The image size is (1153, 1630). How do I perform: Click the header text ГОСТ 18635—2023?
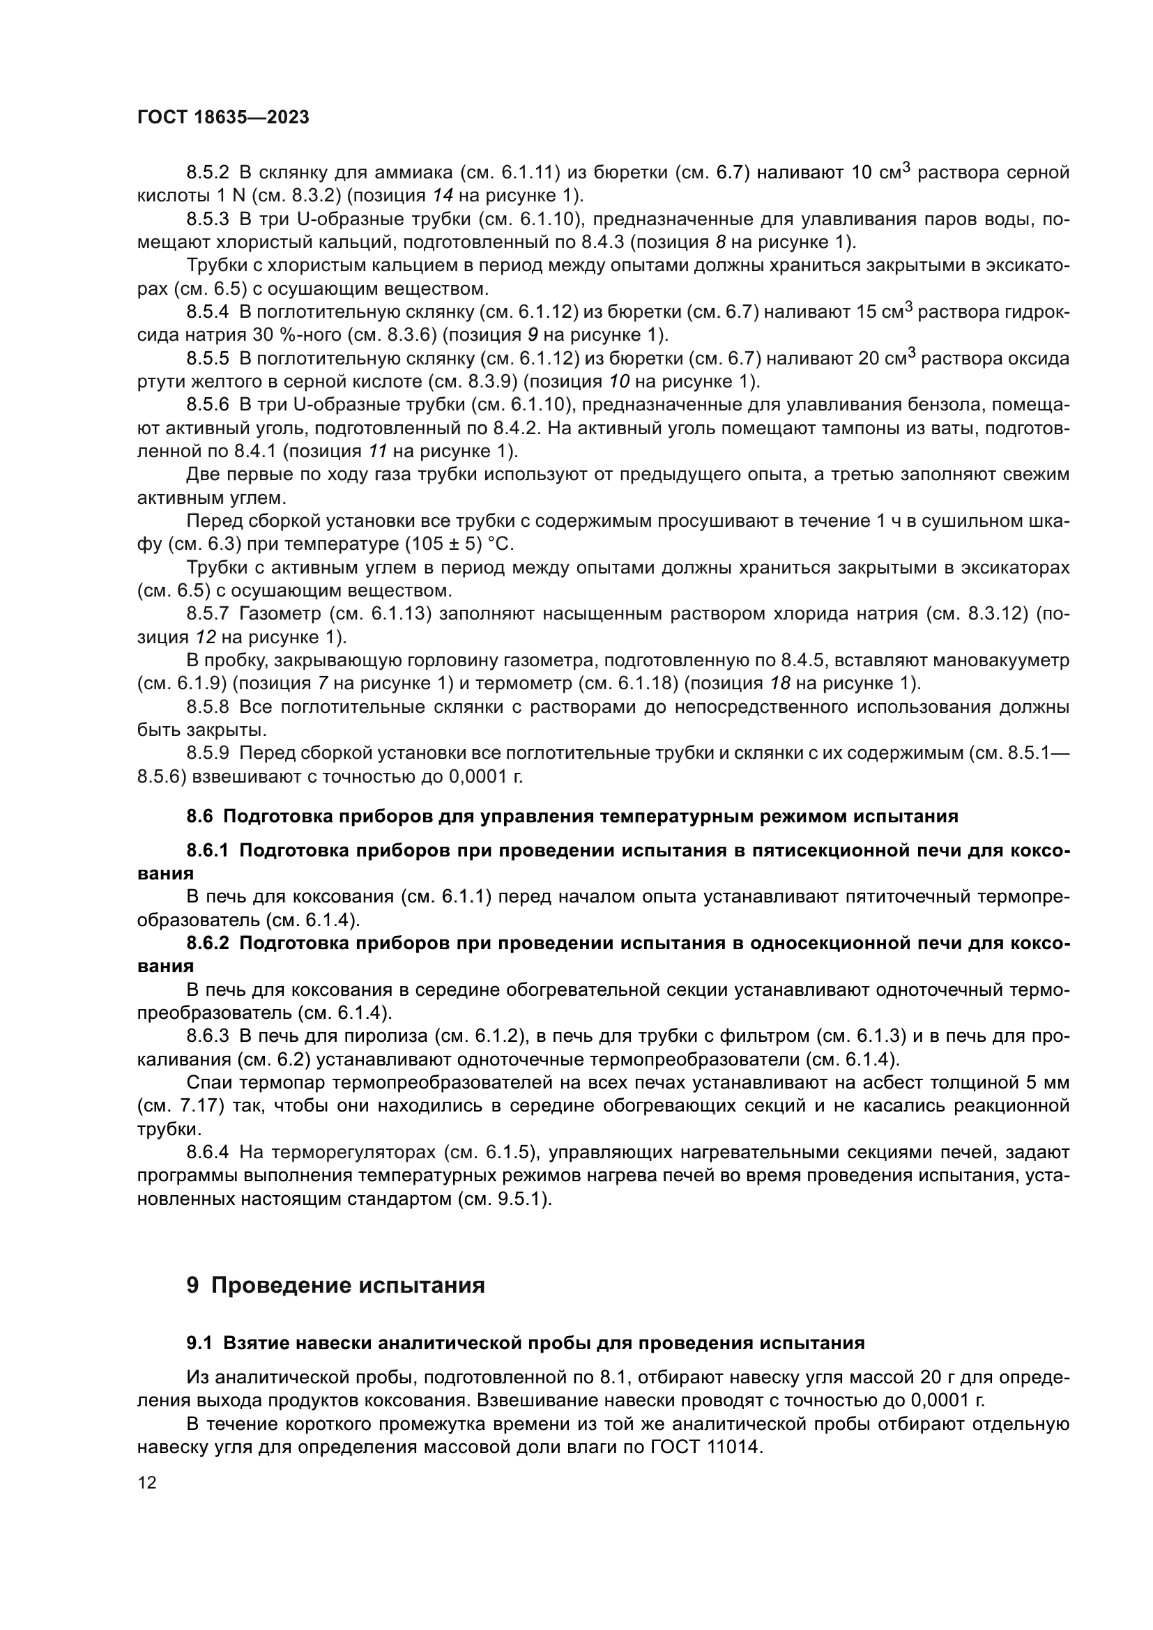point(223,118)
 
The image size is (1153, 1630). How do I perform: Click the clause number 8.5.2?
point(207,173)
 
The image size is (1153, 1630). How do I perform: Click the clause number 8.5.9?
point(207,753)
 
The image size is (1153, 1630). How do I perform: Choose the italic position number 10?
point(619,382)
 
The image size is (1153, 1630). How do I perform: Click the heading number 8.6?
point(199,817)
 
